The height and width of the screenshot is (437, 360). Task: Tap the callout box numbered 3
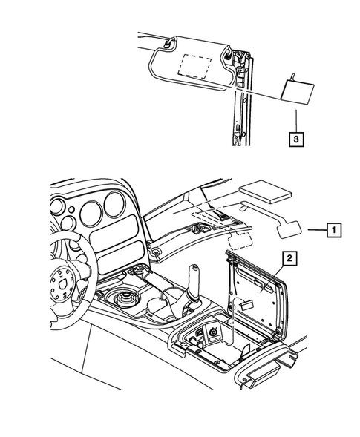[295, 138]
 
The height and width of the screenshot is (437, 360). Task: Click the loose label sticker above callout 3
[298, 91]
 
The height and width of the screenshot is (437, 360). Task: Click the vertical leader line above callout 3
[295, 119]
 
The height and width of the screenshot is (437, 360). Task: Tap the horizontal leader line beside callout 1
[315, 231]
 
